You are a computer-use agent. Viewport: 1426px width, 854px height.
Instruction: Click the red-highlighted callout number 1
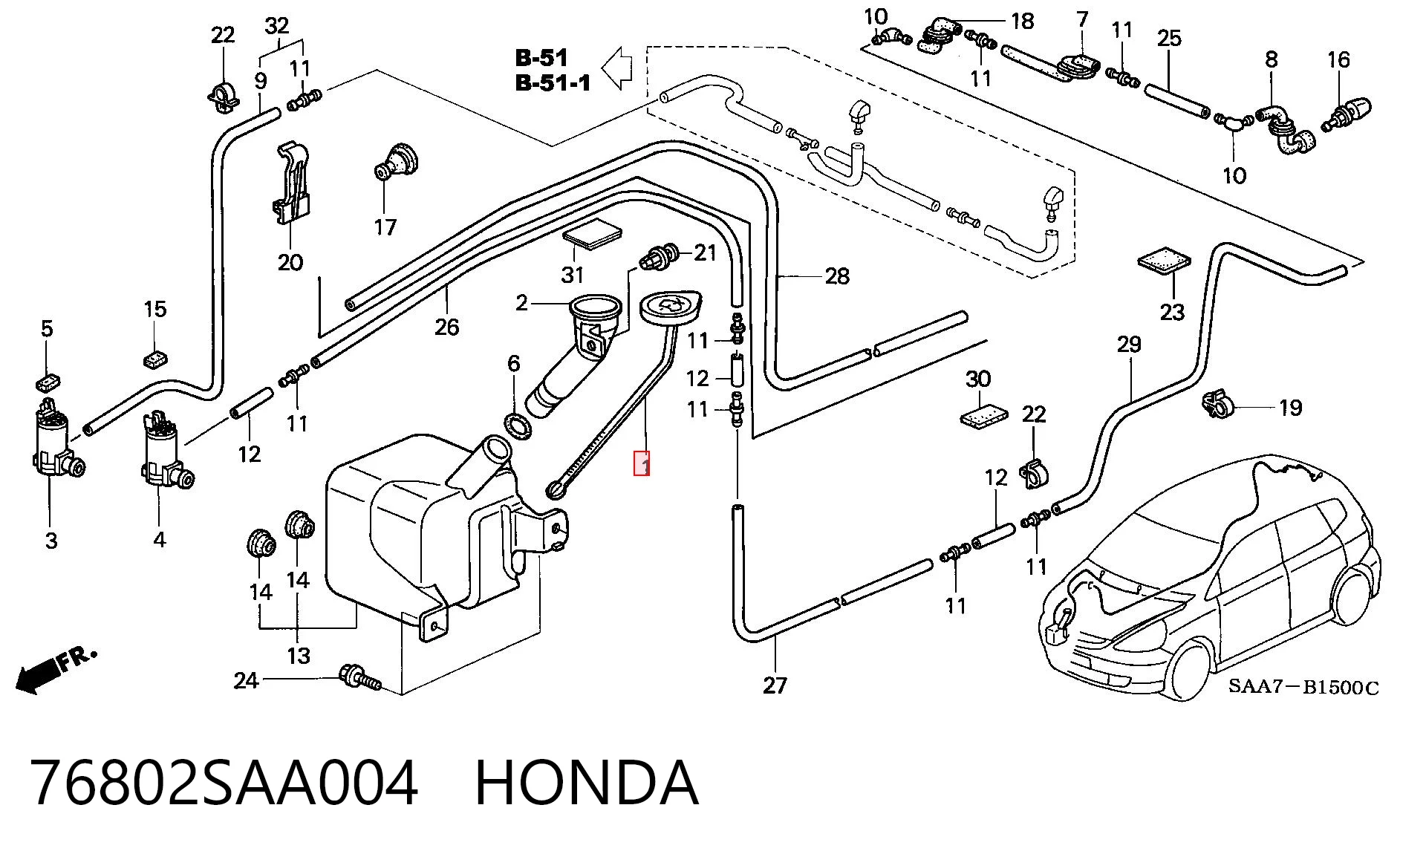pyautogui.click(x=642, y=463)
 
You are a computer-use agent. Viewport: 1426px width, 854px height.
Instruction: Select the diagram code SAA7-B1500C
pyautogui.click(x=1303, y=687)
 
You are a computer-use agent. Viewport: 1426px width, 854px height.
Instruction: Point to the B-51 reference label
pyautogui.click(x=541, y=58)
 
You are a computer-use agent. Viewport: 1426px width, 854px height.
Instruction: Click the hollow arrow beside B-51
pyautogui.click(x=616, y=68)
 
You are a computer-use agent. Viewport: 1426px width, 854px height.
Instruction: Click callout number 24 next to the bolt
pyautogui.click(x=246, y=680)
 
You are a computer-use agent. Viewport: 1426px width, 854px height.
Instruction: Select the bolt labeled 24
pyautogui.click(x=360, y=677)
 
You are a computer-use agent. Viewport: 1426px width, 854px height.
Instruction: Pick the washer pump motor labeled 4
pyautogui.click(x=165, y=450)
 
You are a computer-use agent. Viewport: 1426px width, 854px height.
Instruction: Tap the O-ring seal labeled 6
pyautogui.click(x=517, y=427)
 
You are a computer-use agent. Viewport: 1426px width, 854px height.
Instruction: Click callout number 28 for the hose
pyautogui.click(x=837, y=276)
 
